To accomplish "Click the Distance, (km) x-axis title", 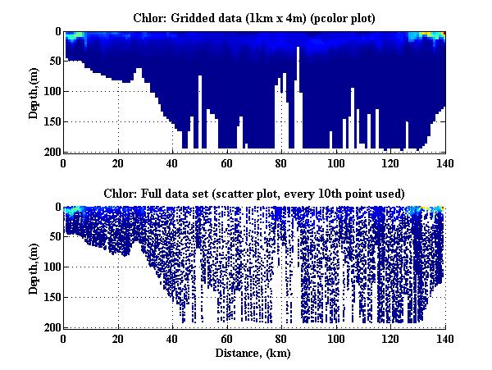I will pyautogui.click(x=254, y=354).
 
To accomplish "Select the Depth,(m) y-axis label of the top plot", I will pyautogui.click(x=34, y=92).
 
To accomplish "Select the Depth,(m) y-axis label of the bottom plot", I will pyautogui.click(x=34, y=267).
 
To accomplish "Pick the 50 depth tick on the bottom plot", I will pyautogui.click(x=53, y=237).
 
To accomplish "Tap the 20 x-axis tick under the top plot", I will pyautogui.click(x=118, y=162).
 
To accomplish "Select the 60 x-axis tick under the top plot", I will pyautogui.click(x=227, y=162).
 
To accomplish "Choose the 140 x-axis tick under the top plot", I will pyautogui.click(x=445, y=162).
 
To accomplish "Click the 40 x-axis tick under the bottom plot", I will pyautogui.click(x=173, y=337).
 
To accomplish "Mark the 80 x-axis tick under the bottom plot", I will pyautogui.click(x=282, y=337).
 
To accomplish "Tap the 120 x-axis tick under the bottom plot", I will pyautogui.click(x=390, y=337).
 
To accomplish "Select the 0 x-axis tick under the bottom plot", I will pyautogui.click(x=64, y=337).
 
